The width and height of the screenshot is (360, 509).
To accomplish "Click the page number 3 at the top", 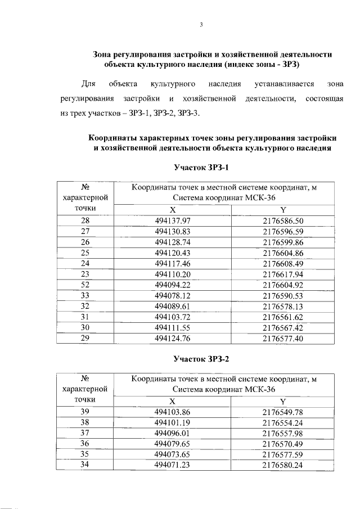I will tap(201, 24).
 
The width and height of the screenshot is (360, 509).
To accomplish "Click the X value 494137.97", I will tap(173, 220).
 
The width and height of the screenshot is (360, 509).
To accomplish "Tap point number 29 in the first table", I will tap(85, 337).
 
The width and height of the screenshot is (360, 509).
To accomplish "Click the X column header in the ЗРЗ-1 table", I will tap(173, 209).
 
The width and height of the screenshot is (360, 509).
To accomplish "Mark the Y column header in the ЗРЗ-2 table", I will tap(283, 401).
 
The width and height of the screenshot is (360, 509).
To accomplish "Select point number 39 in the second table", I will tap(85, 412).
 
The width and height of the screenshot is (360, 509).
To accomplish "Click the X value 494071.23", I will tap(173, 465).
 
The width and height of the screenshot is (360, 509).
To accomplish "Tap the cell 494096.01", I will tap(173, 433).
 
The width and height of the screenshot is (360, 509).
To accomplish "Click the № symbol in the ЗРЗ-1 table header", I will tap(85, 187).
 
